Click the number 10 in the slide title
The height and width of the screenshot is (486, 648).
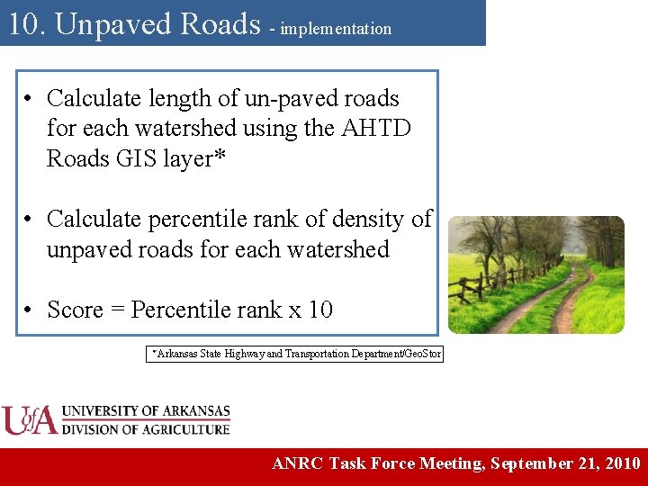24,24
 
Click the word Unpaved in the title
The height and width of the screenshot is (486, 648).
107,24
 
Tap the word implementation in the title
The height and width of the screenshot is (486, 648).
336,29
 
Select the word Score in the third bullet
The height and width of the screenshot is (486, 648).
75,310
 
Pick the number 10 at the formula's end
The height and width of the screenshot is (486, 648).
320,310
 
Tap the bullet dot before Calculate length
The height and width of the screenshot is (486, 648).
30,98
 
